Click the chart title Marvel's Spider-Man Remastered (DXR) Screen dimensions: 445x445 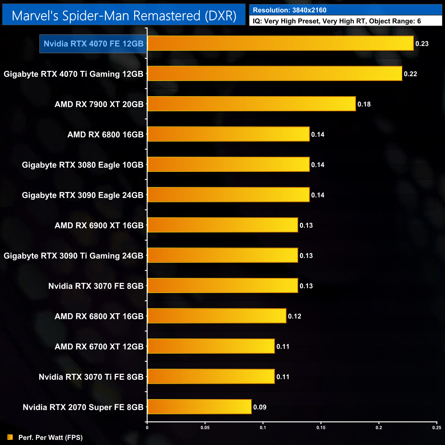tap(124, 16)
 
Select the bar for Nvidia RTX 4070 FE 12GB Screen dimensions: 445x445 tap(280, 43)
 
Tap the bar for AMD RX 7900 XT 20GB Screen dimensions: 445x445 tap(252, 104)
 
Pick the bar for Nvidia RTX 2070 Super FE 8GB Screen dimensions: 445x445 tap(199, 407)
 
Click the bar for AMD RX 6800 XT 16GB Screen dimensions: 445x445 tap(217, 316)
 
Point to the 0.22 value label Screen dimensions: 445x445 tap(410, 74)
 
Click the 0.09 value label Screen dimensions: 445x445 tap(260, 407)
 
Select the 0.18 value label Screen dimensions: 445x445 tap(364, 104)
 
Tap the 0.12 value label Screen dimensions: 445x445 tap(294, 316)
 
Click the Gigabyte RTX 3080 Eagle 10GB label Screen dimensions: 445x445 tap(82, 165)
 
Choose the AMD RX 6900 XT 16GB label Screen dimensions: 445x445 tap(99, 226)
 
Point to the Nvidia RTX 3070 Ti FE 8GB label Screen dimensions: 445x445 tap(91, 377)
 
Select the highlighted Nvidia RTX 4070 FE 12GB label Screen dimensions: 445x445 tap(93, 44)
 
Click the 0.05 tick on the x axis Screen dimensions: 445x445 tap(205, 428)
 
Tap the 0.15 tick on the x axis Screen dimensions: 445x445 tap(321, 428)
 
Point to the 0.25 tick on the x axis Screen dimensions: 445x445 tap(437, 428)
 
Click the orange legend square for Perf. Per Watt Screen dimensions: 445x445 tap(10, 437)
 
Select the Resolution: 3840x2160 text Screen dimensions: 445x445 tap(290, 10)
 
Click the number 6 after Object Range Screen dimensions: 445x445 tap(419, 21)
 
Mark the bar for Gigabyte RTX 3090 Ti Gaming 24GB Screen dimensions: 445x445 tap(222, 255)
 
